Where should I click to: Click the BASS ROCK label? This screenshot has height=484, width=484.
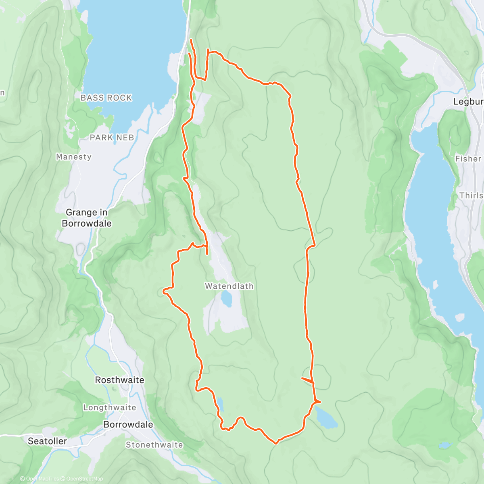coord(106,98)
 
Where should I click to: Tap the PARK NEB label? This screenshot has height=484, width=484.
coord(112,138)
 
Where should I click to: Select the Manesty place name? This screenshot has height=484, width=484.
coord(74,157)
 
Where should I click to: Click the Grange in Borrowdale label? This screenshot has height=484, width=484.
coord(87,218)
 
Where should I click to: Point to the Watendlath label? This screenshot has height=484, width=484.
coord(229,286)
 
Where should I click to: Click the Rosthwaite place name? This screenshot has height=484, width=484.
coord(119,380)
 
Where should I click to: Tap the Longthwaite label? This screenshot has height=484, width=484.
coord(109,407)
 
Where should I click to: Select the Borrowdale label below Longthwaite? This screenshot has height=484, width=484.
coord(128,424)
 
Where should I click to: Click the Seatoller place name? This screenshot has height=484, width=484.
coord(47,441)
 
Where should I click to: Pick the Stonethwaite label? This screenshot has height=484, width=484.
coord(154,445)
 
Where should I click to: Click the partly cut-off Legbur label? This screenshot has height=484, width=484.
coord(468,102)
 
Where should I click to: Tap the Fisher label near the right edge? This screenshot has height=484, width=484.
coord(468,159)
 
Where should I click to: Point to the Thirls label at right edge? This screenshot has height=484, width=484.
coord(471,196)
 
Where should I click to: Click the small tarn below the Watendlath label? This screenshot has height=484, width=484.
coord(226,299)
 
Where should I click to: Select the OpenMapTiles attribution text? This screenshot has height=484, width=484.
coord(42,479)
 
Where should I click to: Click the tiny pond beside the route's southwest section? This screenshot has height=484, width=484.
coord(220,403)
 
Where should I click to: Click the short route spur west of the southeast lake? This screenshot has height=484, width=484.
coord(307,380)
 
